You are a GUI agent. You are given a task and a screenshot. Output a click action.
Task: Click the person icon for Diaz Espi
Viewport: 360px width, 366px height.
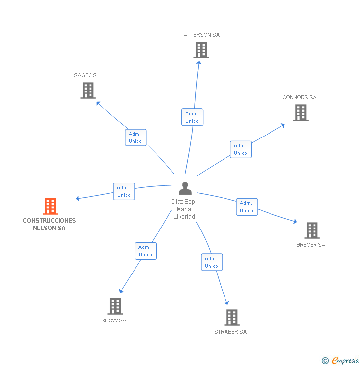point(185,188)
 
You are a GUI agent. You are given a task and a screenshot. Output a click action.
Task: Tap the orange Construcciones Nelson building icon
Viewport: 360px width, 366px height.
point(50,206)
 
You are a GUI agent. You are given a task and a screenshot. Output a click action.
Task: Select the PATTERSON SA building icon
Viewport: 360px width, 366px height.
point(201,50)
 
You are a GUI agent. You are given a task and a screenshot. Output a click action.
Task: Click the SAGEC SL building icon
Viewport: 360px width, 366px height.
point(88,91)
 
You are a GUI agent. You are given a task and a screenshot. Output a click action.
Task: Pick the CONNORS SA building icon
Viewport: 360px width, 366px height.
point(300,113)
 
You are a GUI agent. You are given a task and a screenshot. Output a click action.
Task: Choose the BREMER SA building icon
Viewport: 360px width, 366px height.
point(312,230)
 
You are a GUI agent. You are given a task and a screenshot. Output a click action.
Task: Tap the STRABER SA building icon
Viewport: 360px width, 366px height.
point(231,318)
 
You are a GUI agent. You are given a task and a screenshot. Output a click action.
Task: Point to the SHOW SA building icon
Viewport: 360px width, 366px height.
point(115,306)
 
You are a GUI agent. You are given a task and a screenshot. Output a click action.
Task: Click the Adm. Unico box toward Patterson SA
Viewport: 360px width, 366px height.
point(192,117)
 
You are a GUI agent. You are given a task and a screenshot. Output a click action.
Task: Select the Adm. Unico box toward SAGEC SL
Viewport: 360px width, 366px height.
point(135,137)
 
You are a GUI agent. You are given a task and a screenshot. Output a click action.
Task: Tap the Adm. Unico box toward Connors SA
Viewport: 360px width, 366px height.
point(240,149)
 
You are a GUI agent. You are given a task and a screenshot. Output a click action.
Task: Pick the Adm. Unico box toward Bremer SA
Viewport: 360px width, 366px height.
point(246,207)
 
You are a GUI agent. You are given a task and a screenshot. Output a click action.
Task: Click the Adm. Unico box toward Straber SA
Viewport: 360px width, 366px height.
point(211,262)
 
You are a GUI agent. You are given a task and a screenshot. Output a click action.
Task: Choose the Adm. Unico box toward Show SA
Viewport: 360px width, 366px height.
point(145,251)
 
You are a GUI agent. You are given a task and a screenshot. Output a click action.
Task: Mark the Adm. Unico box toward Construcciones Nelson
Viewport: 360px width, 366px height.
point(124,191)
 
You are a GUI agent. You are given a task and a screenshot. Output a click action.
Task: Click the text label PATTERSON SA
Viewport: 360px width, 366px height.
point(200,35)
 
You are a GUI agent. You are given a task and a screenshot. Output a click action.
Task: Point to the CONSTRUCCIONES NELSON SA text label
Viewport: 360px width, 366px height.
point(49,224)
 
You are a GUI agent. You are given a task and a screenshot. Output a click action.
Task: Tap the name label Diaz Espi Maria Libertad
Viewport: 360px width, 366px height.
point(184,209)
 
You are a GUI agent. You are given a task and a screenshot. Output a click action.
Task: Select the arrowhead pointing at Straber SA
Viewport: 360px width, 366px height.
point(227,302)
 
